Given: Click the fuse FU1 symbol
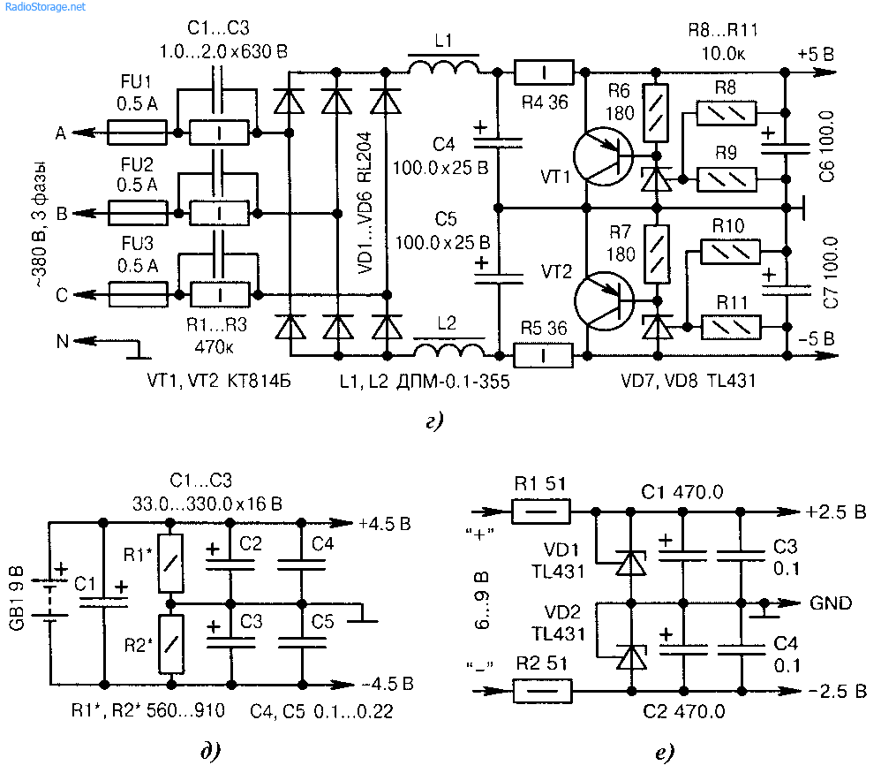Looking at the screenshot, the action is coord(137,133).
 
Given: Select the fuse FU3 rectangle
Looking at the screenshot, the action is coord(138,294).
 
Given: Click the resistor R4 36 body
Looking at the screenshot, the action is coord(544,72).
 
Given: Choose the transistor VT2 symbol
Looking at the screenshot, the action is coord(604,300).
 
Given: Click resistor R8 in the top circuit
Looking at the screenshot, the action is coord(727,114).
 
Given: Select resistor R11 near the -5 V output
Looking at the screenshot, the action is coord(731,327).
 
